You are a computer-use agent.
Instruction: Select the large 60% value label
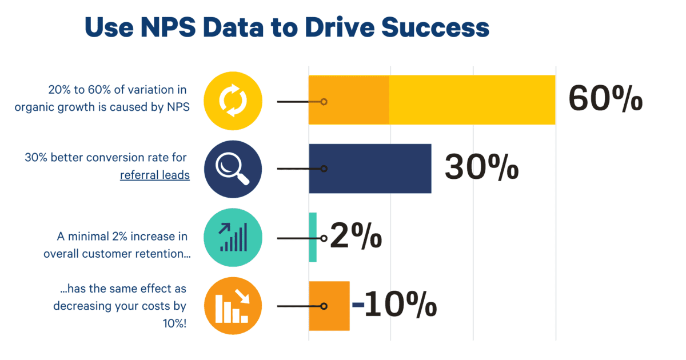tap(605, 100)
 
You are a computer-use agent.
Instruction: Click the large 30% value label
tap(481, 169)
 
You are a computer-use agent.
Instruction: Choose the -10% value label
tap(394, 306)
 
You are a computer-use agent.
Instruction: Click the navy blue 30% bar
tap(377, 169)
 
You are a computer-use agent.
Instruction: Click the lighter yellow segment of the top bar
tap(472, 100)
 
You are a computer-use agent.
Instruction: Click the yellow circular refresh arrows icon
tap(233, 101)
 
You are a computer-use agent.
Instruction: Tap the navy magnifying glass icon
tap(233, 169)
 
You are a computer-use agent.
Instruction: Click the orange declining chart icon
tap(233, 306)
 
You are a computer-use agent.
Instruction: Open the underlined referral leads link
tap(154, 175)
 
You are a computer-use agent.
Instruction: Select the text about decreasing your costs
tap(120, 306)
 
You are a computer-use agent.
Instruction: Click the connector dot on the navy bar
tap(324, 169)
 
